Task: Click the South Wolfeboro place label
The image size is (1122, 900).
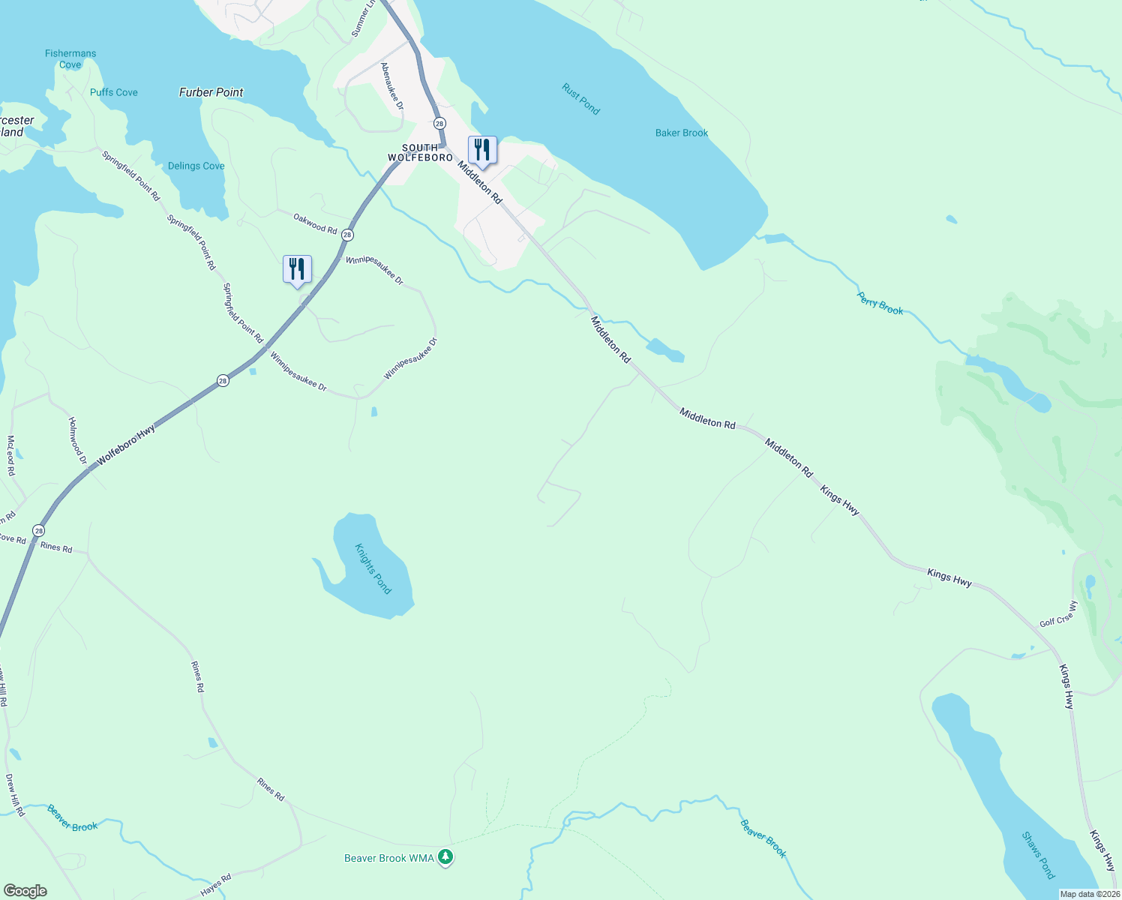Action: pos(420,152)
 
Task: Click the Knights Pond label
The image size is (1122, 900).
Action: pos(373,568)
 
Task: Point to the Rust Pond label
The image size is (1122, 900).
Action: pos(581,99)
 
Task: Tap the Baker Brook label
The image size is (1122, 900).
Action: pos(682,133)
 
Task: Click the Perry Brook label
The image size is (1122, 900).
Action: pos(880,303)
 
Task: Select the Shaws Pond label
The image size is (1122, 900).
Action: pos(1039,855)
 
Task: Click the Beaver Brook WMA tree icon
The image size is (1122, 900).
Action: pos(445,856)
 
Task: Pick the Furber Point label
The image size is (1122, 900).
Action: pos(211,92)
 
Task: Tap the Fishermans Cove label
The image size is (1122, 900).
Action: pos(70,59)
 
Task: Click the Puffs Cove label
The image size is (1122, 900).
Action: pos(114,92)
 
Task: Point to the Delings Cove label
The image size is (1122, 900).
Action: pos(196,166)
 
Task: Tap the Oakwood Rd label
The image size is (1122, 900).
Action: pos(315,223)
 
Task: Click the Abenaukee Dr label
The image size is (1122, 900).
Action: pos(391,86)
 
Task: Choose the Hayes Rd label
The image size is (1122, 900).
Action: pos(216,885)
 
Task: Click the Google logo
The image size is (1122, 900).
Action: pos(25,891)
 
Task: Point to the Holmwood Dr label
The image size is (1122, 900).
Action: pos(78,441)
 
